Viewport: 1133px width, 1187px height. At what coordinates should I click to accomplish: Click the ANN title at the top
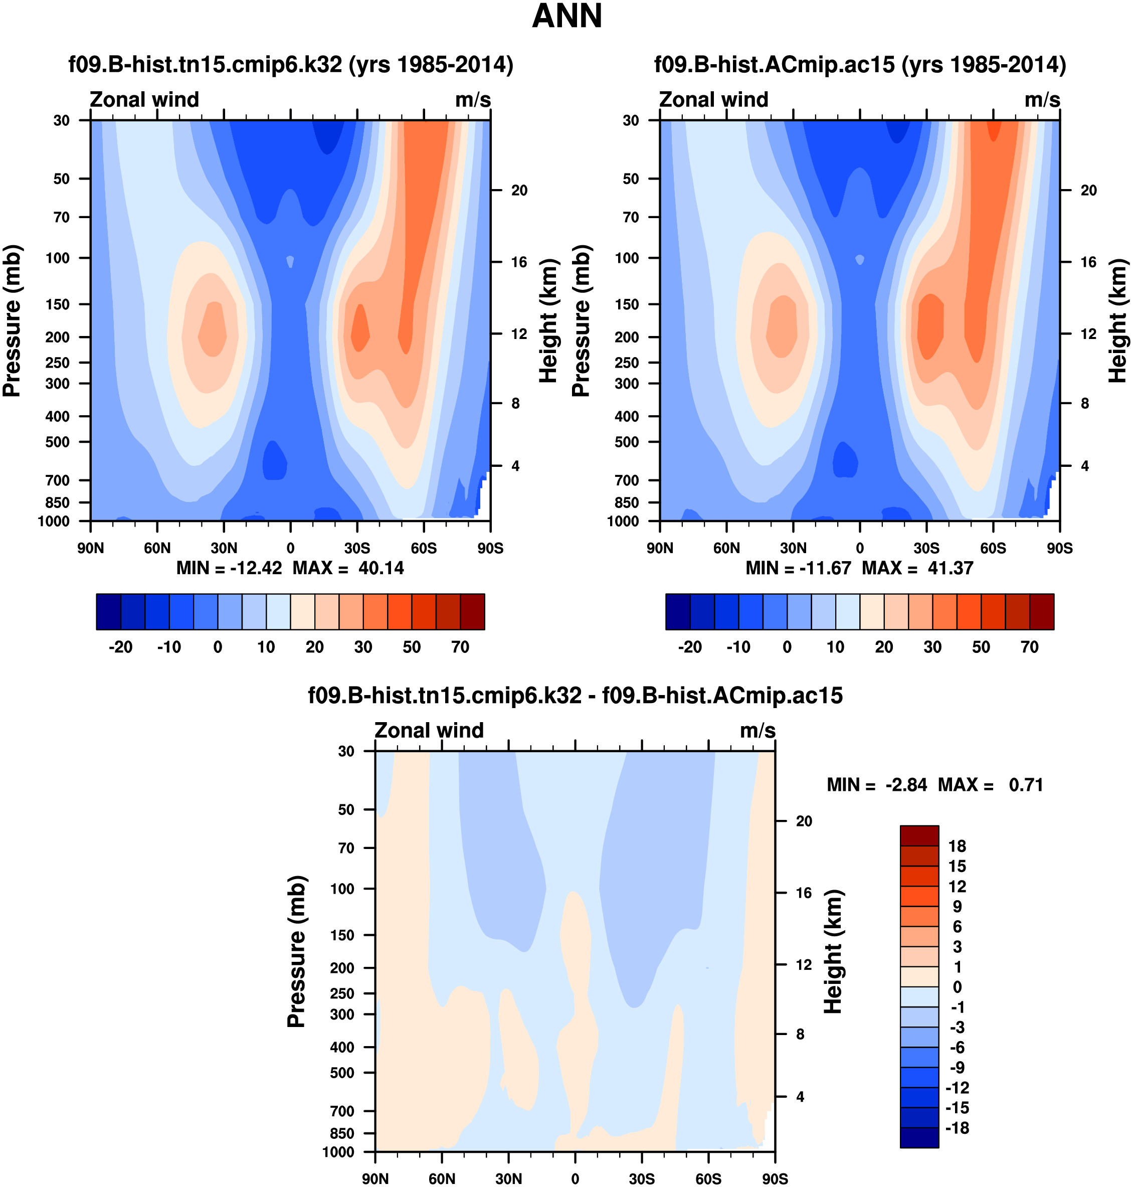pyautogui.click(x=566, y=17)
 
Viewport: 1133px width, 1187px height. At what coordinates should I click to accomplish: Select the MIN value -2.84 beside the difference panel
pyautogui.click(x=906, y=785)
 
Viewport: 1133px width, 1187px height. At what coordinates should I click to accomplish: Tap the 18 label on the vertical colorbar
pyautogui.click(x=957, y=845)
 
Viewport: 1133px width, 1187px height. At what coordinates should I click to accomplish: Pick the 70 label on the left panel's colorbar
pyautogui.click(x=460, y=647)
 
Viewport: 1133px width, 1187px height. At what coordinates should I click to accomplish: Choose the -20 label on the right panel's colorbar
pyautogui.click(x=690, y=647)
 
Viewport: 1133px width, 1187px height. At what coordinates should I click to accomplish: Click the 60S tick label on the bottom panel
pyautogui.click(x=708, y=1178)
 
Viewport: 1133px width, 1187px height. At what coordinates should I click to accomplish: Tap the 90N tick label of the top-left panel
pyautogui.click(x=91, y=548)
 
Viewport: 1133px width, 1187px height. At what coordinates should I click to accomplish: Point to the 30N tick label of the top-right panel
pyautogui.click(x=793, y=548)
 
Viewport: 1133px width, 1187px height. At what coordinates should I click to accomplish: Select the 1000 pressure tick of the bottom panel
pyautogui.click(x=338, y=1152)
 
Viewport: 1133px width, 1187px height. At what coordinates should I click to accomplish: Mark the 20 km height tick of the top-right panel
pyautogui.click(x=1088, y=190)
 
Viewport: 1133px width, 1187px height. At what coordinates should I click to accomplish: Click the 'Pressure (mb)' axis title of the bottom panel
pyautogui.click(x=296, y=951)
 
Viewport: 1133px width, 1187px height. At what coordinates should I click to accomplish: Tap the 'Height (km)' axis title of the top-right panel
pyautogui.click(x=1117, y=321)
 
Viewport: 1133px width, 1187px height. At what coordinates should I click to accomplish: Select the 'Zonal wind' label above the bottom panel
pyautogui.click(x=429, y=730)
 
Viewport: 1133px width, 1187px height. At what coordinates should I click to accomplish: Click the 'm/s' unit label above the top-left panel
pyautogui.click(x=473, y=100)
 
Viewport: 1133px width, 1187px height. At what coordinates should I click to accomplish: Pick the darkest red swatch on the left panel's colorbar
pyautogui.click(x=472, y=612)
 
